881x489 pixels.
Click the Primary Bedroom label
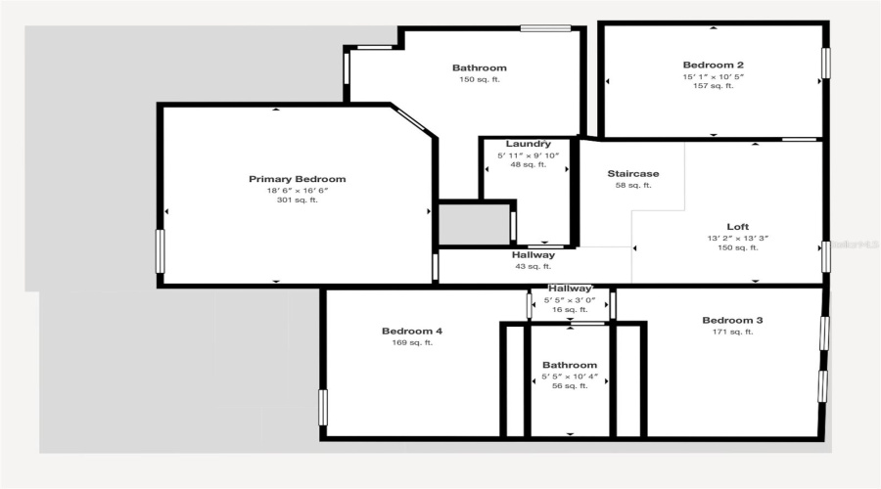click(297, 179)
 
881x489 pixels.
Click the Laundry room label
click(529, 144)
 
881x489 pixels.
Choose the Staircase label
click(632, 173)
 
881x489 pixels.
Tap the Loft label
click(737, 226)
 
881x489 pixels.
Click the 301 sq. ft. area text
click(297, 200)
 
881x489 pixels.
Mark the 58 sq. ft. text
click(632, 185)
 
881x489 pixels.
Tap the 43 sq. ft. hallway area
click(533, 266)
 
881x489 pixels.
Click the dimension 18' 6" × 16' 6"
click(297, 190)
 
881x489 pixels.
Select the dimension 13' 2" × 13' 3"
click(737, 238)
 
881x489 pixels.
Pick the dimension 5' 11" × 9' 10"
click(529, 155)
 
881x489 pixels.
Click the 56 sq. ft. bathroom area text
click(570, 386)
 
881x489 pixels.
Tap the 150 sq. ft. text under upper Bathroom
click(480, 79)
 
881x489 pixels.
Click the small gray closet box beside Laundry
click(474, 225)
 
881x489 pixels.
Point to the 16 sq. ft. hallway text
click(570, 309)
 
